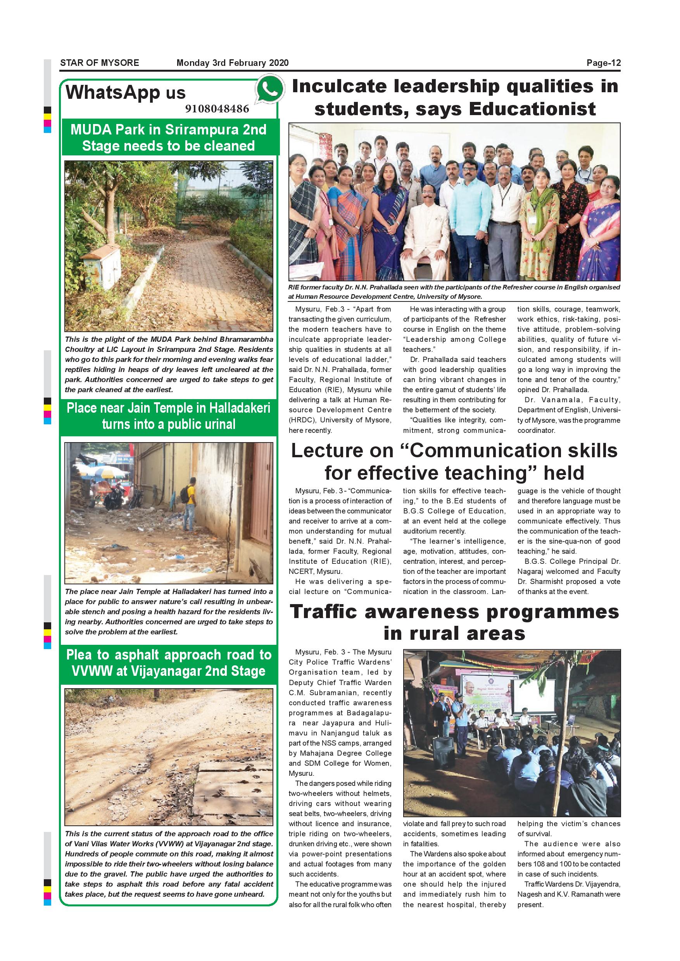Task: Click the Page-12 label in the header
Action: tap(603, 63)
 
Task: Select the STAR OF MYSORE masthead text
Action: tap(100, 63)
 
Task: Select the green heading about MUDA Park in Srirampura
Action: tap(168, 138)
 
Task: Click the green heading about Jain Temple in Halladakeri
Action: tap(168, 416)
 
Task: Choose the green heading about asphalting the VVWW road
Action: tap(168, 663)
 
